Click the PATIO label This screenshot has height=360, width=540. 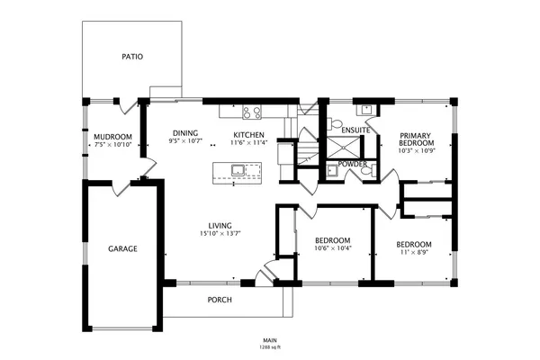click(132, 57)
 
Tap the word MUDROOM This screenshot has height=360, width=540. click(113, 136)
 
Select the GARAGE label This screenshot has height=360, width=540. click(123, 248)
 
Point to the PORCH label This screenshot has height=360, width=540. click(220, 300)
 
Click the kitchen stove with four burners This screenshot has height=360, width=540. click(251, 112)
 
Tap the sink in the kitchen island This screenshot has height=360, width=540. click(238, 169)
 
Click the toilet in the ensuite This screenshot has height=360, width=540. click(334, 123)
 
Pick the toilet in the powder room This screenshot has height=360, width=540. click(365, 170)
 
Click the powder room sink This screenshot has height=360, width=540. click(331, 168)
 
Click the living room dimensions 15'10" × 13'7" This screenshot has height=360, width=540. click(220, 234)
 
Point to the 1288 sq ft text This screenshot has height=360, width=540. click(271, 346)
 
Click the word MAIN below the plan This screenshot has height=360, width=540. click(271, 339)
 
